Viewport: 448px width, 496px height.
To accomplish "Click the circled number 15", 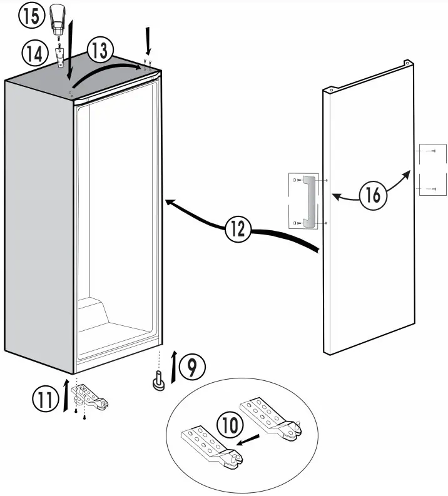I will [29, 16].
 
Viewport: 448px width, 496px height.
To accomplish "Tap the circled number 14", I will [30, 53].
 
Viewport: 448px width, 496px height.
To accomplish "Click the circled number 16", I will [373, 196].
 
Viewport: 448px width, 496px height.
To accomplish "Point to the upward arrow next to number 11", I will [67, 393].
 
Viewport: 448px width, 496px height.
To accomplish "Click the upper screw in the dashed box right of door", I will [429, 151].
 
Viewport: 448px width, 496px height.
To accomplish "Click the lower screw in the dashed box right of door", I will [429, 188].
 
